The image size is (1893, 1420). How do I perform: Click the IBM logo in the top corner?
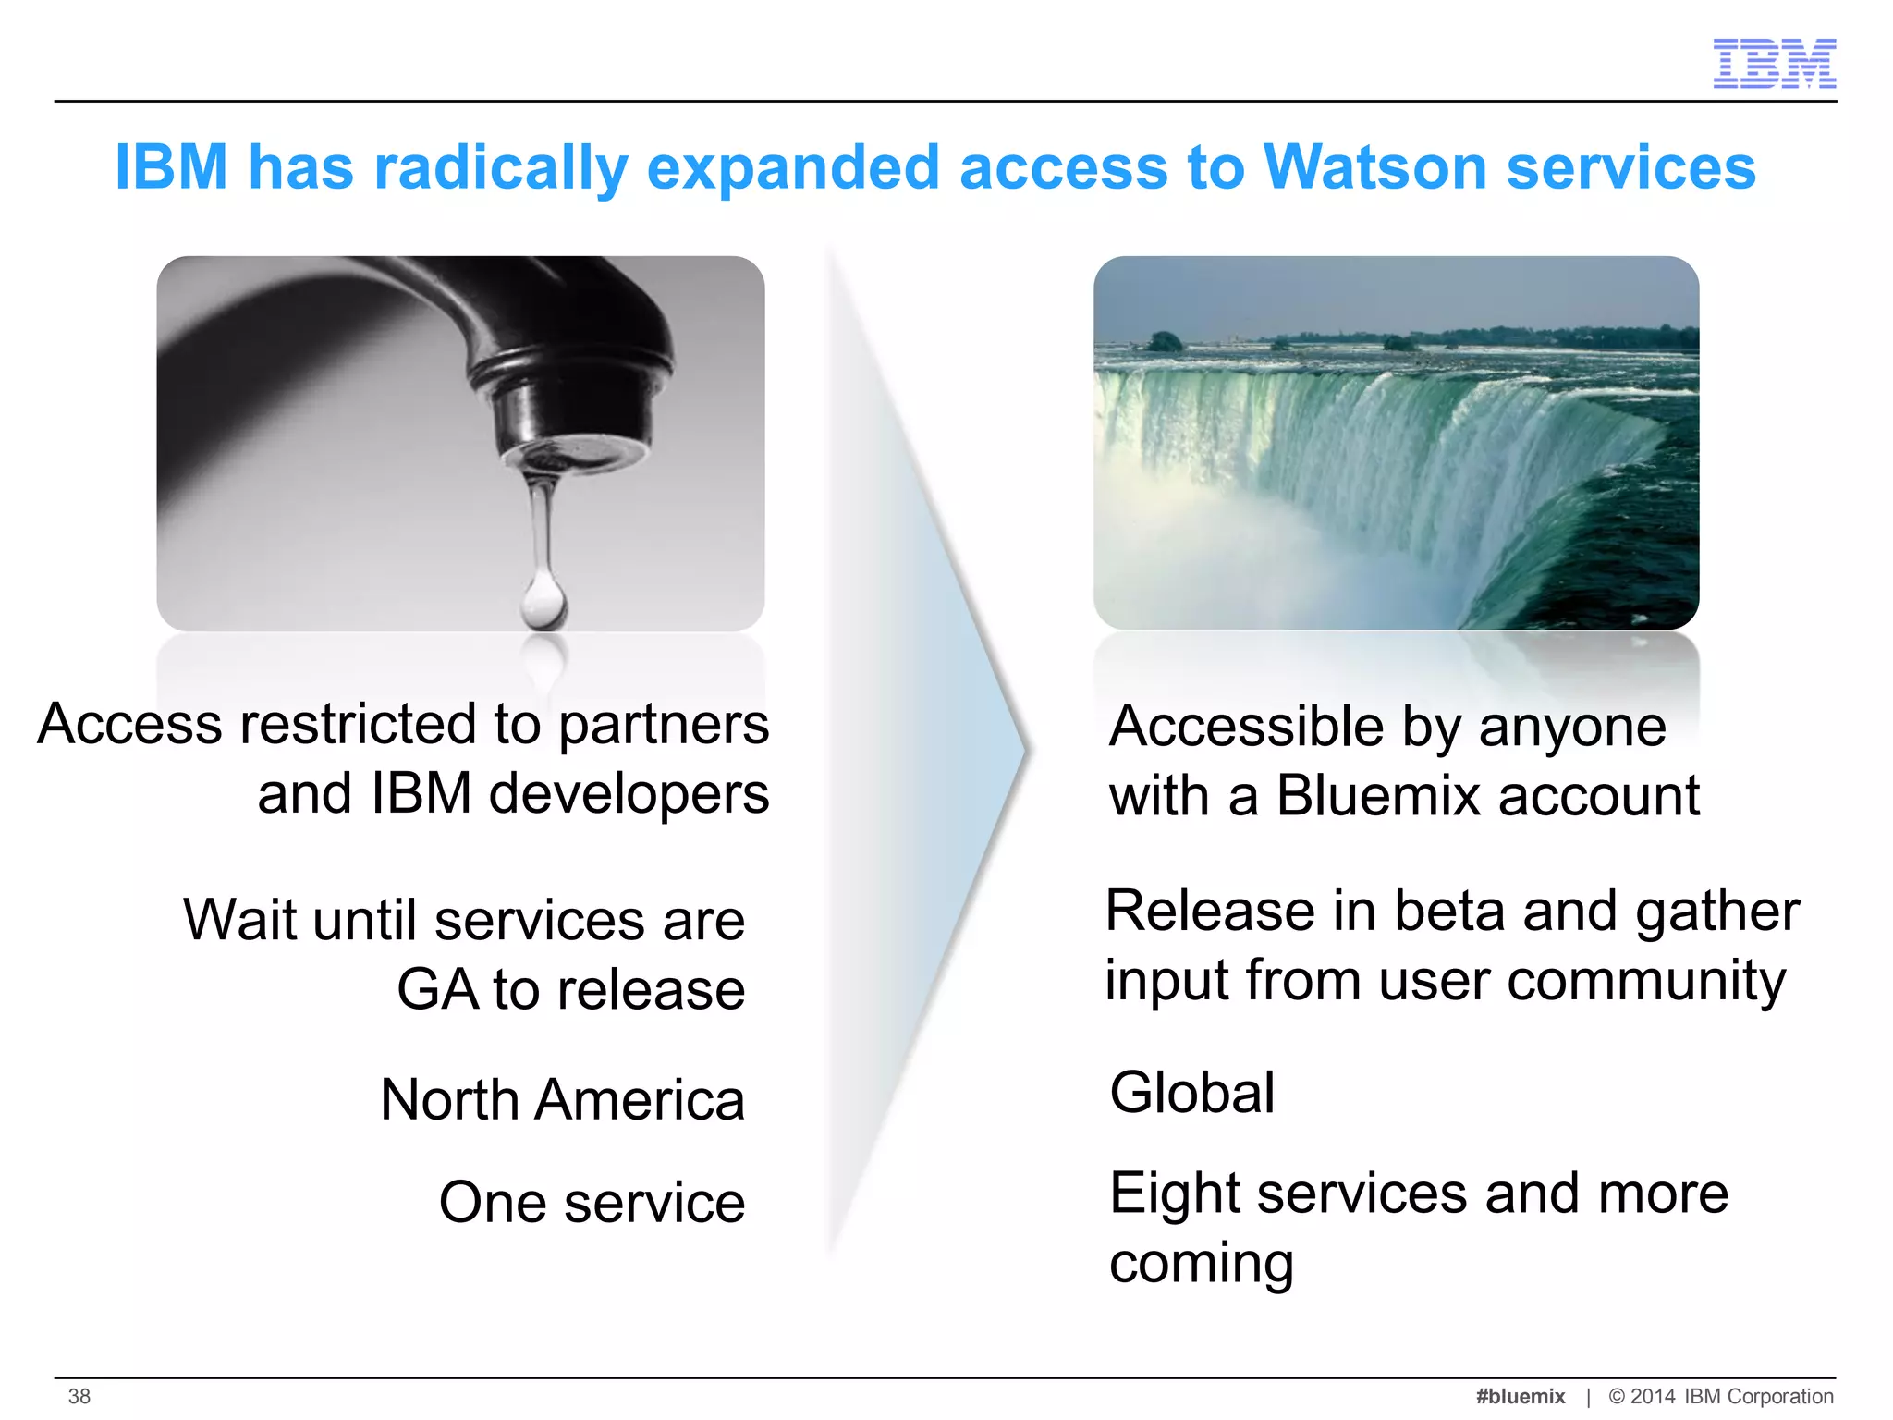[1774, 63]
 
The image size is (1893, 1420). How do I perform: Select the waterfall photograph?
[1396, 443]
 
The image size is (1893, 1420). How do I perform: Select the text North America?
[562, 1100]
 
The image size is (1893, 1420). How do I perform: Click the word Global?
[1192, 1093]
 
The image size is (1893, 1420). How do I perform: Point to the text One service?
[592, 1203]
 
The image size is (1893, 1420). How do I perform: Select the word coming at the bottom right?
[1201, 1264]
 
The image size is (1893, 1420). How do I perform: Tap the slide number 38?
[79, 1396]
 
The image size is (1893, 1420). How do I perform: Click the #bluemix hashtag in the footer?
[1521, 1396]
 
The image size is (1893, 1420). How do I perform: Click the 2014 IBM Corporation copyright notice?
[1721, 1396]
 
